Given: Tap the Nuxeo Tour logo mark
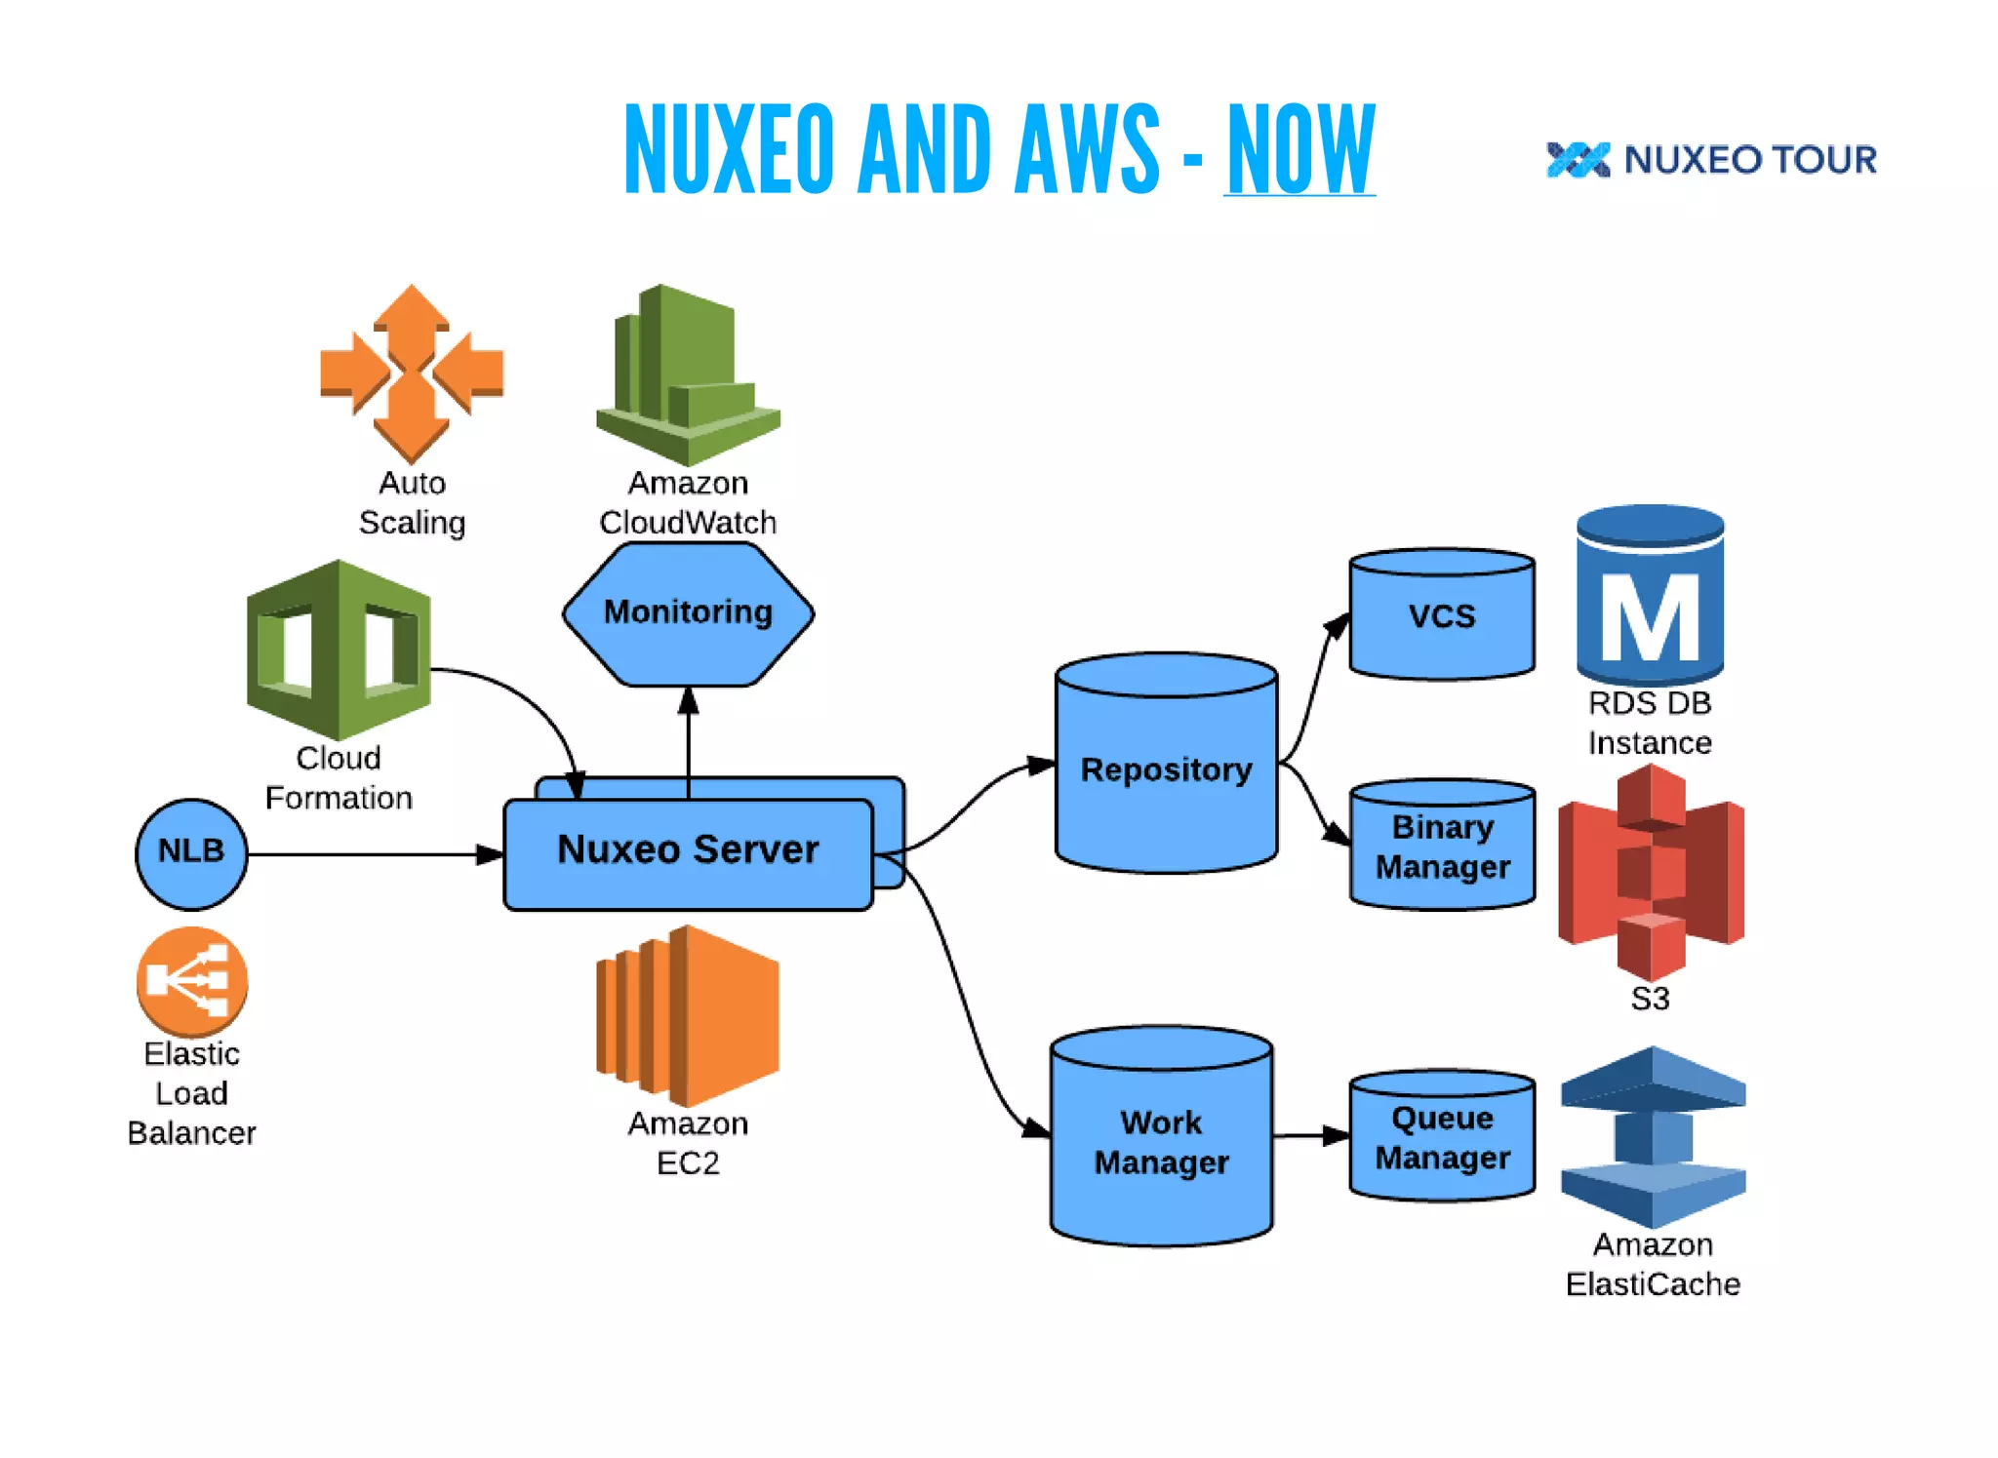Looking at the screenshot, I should (x=1578, y=160).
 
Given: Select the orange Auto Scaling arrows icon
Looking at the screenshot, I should (x=412, y=373).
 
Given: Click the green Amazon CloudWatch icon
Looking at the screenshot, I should (x=688, y=374).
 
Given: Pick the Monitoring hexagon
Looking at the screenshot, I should (x=688, y=612).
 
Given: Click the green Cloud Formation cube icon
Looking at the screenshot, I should (x=339, y=650).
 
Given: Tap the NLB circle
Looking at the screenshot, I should (x=191, y=852).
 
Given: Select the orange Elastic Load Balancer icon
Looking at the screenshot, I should (x=192, y=981).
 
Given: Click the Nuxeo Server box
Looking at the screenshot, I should (x=688, y=851).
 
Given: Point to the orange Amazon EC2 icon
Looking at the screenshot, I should (x=688, y=1015).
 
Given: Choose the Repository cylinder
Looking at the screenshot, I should (x=1166, y=770).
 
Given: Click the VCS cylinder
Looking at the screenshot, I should (x=1441, y=616).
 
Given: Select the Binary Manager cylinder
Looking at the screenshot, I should (x=1442, y=847).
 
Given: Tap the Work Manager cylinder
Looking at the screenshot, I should (x=1161, y=1141).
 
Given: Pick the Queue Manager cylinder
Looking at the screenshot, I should (x=1442, y=1137).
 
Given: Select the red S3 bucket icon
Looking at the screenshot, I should (x=1651, y=872).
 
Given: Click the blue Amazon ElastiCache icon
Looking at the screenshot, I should (x=1653, y=1136).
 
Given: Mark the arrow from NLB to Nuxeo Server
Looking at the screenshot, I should (x=371, y=854).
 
